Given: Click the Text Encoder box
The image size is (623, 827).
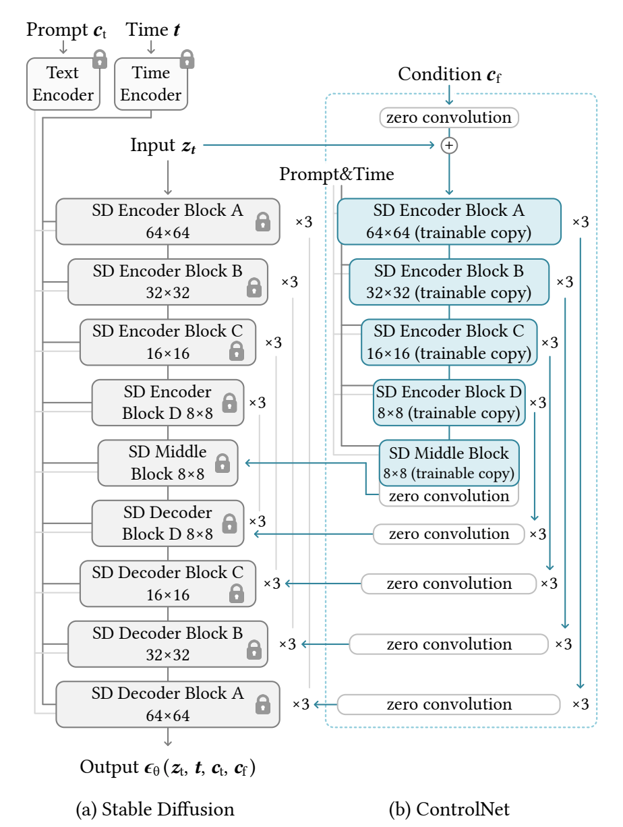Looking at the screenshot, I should click(63, 84).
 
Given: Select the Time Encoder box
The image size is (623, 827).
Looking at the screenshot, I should click(151, 84).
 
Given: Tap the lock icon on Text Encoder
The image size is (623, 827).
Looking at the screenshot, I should click(100, 59).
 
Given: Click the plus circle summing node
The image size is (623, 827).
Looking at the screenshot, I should click(449, 145).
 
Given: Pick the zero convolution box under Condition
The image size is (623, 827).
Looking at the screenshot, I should click(449, 117).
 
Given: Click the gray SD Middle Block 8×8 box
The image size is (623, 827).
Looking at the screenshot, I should click(168, 463).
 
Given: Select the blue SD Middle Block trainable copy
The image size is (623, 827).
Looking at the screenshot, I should click(449, 463).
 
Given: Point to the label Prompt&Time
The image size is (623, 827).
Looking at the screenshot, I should click(337, 175).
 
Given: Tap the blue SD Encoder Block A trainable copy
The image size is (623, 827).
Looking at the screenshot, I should click(449, 221).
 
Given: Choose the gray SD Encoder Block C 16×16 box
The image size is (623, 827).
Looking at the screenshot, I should click(168, 342).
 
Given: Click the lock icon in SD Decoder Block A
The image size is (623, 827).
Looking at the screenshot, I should click(263, 705).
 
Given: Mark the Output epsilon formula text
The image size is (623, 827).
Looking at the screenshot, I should click(168, 768).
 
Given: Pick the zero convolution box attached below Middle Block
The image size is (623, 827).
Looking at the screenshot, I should click(449, 496).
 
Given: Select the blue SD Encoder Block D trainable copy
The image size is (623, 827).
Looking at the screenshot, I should click(449, 403).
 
